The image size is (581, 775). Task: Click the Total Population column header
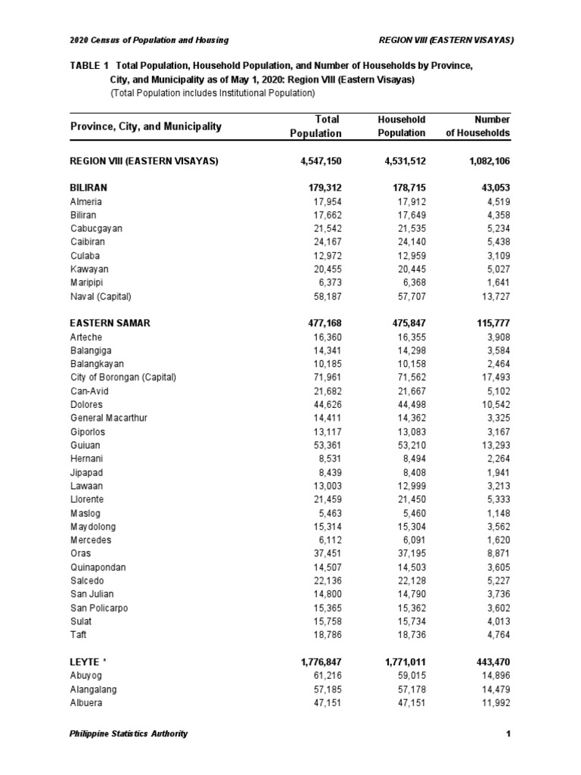coord(315,126)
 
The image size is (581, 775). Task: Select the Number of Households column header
coord(481,126)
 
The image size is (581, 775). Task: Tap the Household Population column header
coord(401,126)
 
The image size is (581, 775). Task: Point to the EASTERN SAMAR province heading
coord(110,323)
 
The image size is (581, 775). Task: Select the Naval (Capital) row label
coord(105,296)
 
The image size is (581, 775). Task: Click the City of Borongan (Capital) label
coord(123,378)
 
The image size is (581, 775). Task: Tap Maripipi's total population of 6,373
coord(326,282)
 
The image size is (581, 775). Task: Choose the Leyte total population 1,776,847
coord(316,662)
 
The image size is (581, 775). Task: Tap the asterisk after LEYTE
coord(104,661)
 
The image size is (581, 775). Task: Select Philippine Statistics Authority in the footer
coord(129,733)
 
